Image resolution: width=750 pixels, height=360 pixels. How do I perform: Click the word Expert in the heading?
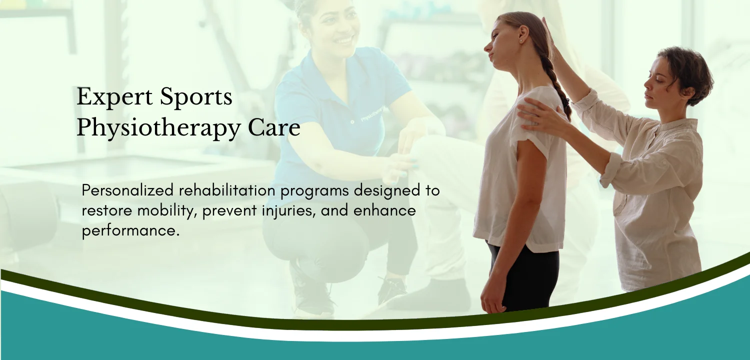point(114,97)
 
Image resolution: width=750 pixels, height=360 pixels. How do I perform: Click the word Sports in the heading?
point(196,96)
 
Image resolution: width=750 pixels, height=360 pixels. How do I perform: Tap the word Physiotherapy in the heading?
point(158,129)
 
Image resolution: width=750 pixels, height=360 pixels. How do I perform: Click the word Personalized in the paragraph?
point(127,190)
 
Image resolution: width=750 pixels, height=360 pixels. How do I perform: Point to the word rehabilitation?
point(227,190)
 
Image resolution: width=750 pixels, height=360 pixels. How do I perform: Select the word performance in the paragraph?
point(130,231)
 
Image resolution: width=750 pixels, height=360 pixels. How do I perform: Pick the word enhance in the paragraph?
point(384,210)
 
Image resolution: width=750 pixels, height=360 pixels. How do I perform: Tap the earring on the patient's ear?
point(522,41)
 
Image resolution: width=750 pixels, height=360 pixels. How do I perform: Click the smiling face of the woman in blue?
point(335,27)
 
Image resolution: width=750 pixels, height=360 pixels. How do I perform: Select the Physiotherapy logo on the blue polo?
point(372,114)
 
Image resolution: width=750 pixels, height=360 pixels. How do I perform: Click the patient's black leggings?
point(525,278)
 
